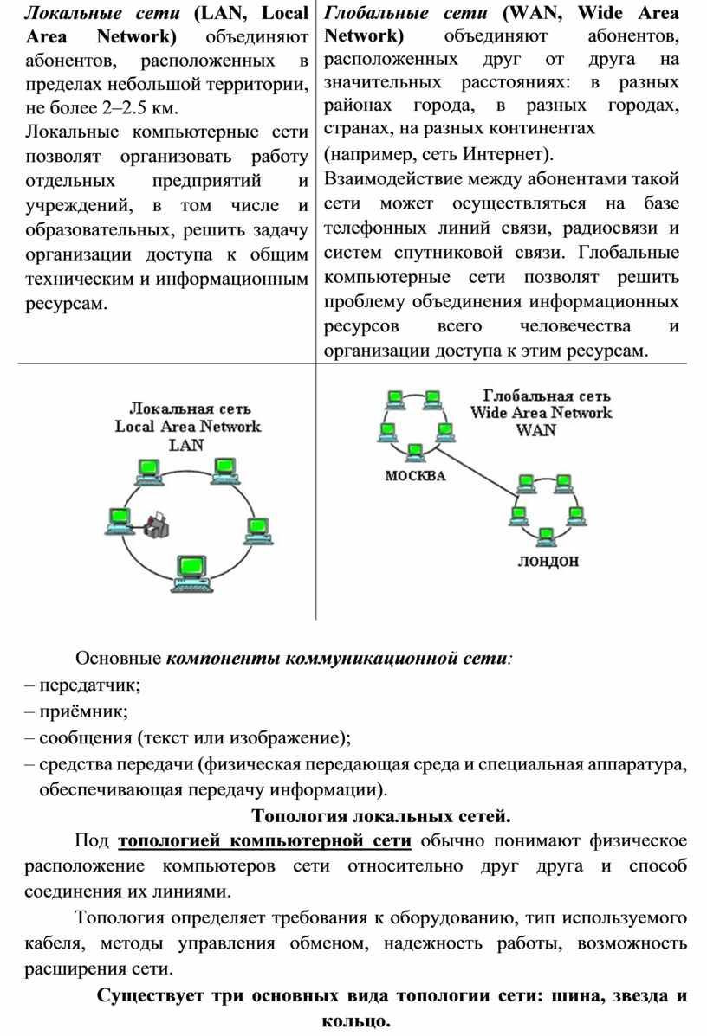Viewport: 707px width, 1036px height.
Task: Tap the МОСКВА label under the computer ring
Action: pos(415,476)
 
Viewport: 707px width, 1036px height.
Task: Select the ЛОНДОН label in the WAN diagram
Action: pos(548,561)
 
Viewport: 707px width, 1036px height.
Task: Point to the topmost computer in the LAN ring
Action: pos(146,470)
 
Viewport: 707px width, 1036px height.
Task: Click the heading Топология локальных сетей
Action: pos(381,815)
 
